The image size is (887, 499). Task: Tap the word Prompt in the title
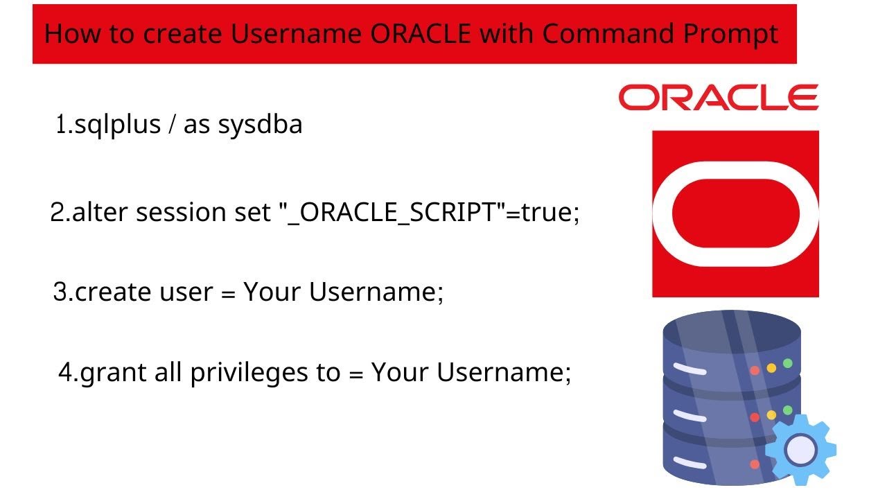735,34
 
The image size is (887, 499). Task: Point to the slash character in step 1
170,125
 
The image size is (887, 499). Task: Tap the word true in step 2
547,212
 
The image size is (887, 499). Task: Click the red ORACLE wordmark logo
718,98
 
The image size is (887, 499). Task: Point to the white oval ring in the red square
667,213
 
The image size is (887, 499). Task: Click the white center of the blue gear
800,450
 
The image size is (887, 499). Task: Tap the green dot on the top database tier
788,363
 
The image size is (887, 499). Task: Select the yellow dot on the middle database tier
771,414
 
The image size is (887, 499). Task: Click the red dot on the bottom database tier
755,464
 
